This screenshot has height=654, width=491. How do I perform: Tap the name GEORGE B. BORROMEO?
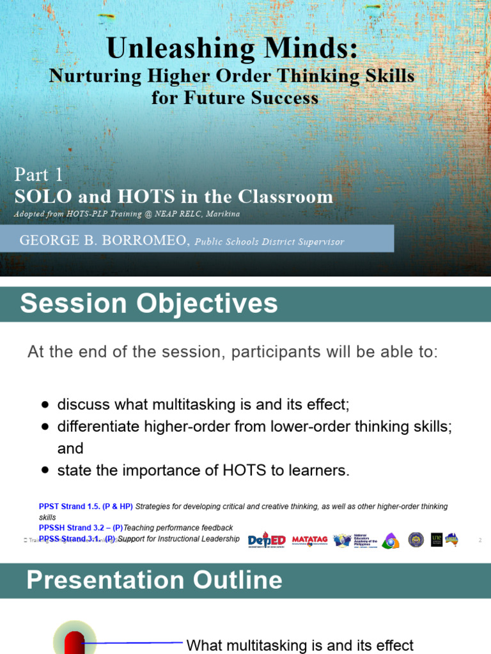coord(104,241)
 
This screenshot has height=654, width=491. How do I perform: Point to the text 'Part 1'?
coord(39,174)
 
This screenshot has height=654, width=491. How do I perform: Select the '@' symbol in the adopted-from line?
coord(148,214)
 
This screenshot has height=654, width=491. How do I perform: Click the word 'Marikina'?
coord(219,214)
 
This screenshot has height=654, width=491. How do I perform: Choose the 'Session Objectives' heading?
coord(149,303)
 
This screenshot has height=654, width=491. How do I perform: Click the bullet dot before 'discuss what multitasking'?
coord(45,405)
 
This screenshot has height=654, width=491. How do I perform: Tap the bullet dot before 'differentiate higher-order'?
coord(45,427)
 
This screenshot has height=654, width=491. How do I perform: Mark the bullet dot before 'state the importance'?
coord(45,471)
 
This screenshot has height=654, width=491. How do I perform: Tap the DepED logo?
coord(267,540)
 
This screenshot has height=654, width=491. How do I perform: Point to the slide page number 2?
coord(479,540)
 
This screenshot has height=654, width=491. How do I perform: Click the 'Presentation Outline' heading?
coord(154,580)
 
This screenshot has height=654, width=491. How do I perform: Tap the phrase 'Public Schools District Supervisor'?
coord(269,242)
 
